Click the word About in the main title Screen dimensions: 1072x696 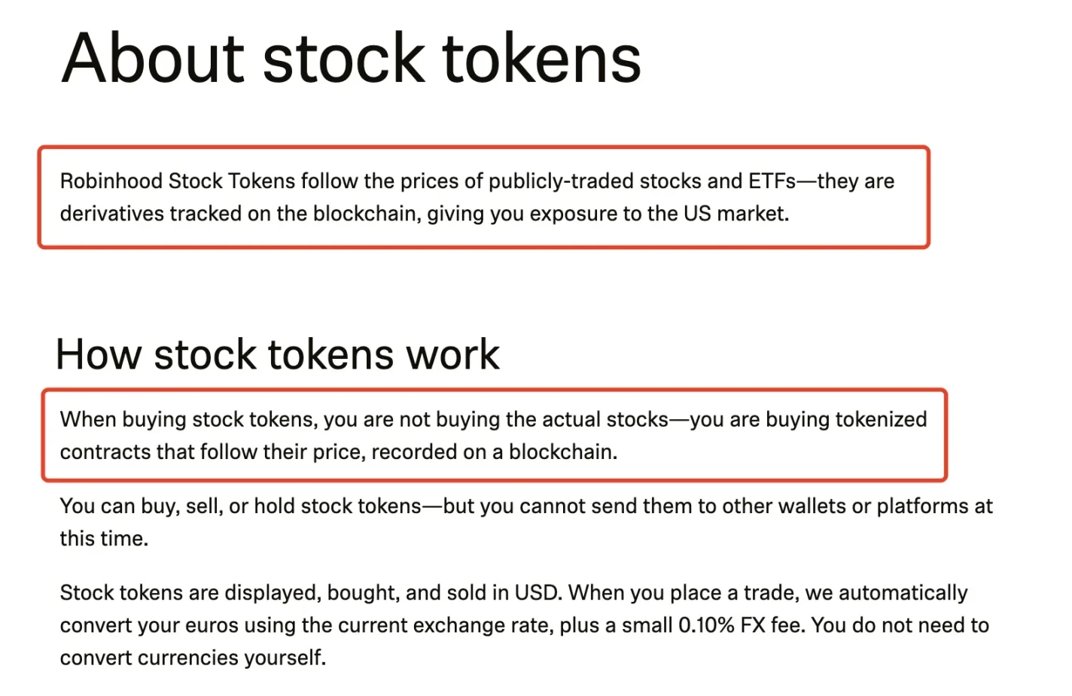[153, 59]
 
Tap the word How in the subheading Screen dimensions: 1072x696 [99, 354]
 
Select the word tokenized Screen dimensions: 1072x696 [881, 420]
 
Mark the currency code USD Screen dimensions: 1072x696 [536, 593]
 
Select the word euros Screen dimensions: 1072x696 [212, 626]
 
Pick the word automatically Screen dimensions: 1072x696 [903, 594]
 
